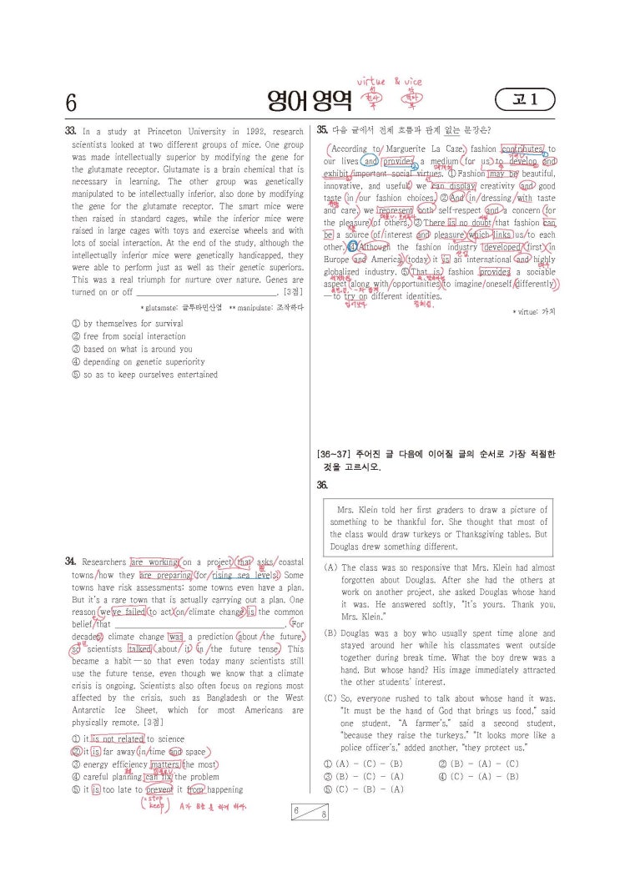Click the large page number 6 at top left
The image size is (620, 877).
(71, 103)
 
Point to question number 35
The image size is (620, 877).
(322, 130)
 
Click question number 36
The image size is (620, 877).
(322, 485)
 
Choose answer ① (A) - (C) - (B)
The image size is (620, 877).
(363, 764)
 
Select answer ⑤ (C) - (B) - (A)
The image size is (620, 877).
(363, 789)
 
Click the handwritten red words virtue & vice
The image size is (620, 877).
(389, 82)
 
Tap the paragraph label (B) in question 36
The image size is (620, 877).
(330, 633)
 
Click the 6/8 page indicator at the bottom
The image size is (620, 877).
(309, 812)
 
